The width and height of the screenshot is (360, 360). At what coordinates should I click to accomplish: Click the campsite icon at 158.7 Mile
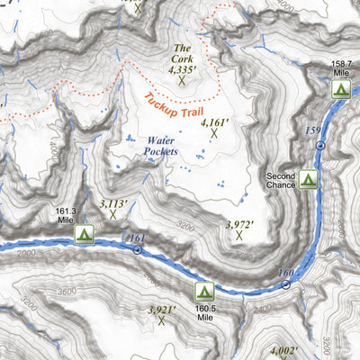(x=340, y=88)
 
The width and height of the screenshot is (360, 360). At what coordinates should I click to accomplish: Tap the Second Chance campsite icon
(x=309, y=179)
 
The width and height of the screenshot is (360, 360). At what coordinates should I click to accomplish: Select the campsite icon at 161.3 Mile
(x=85, y=234)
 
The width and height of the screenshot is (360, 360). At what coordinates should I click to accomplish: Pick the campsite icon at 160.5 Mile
(x=204, y=291)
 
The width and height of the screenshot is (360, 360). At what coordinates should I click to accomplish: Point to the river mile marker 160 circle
(x=286, y=284)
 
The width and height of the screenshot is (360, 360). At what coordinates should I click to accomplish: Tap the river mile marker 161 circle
(x=138, y=249)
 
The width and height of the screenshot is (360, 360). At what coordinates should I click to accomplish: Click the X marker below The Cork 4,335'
(x=183, y=79)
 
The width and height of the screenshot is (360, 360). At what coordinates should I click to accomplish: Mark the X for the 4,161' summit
(x=215, y=133)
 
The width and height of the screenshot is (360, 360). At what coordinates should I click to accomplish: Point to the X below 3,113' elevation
(x=113, y=214)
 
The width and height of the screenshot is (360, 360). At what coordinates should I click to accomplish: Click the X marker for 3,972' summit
(x=239, y=236)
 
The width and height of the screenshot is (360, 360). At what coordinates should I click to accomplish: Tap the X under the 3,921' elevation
(x=163, y=319)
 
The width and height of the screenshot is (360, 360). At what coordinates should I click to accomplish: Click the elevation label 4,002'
(x=290, y=351)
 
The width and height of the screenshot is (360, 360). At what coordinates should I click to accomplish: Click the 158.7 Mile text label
(x=340, y=69)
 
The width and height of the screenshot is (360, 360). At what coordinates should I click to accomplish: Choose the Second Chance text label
(x=281, y=179)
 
